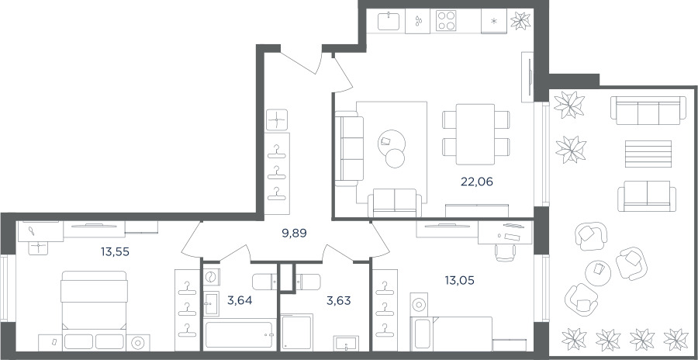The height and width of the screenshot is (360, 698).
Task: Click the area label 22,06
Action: coord(477,182)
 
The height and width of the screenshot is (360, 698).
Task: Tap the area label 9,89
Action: coord(295,233)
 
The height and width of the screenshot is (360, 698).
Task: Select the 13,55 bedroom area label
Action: coord(115,252)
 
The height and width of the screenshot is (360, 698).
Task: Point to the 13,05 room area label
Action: coord(459,280)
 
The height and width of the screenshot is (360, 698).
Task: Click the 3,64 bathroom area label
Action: coord(240,300)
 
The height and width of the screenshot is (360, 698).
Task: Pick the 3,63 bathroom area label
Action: coord(339,300)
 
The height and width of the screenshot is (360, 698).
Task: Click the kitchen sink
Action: coord(389,21)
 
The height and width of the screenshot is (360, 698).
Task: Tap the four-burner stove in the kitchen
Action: coord(447,20)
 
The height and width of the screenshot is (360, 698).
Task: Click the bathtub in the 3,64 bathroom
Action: coord(240,334)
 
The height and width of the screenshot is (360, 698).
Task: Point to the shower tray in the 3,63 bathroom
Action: coord(297,332)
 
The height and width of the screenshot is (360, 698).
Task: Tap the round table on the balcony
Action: coord(598,272)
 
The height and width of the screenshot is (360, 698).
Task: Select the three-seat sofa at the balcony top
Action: coord(645,110)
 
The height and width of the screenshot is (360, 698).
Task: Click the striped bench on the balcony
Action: coord(648,154)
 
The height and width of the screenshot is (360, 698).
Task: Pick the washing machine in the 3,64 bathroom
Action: coord(212,278)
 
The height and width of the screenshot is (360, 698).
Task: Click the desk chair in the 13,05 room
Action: coord(506,252)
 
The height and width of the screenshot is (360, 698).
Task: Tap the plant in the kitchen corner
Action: coord(520,20)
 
